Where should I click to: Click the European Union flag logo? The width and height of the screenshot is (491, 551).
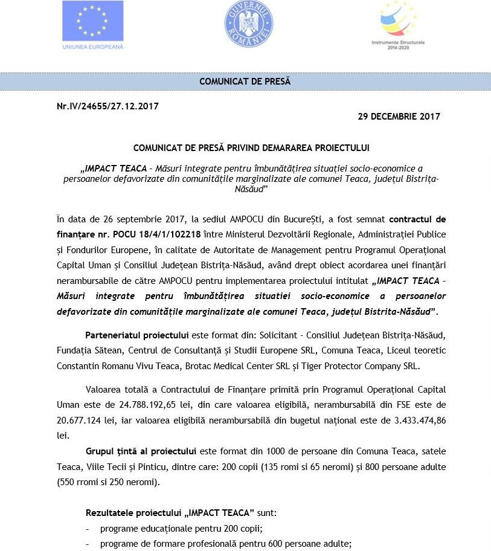pos(93,21)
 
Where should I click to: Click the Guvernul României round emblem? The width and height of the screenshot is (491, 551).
pos(249,24)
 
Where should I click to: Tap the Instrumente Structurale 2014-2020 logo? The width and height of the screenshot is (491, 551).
pos(398,25)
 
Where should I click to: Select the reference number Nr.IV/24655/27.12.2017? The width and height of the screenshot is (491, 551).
pos(108,106)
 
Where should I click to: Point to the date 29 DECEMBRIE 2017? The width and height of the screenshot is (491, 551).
pos(399,117)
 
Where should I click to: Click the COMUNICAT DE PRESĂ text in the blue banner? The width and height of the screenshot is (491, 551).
pos(245,82)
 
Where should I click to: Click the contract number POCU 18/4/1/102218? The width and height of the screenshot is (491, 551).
pos(156,234)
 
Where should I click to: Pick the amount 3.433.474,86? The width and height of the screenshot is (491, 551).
pos(415,420)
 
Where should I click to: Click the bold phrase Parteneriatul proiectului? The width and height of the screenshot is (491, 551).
pos(137,335)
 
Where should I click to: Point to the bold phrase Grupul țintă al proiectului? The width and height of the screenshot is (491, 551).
pos(141,451)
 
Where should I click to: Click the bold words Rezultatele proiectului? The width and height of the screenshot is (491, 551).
pos(133,513)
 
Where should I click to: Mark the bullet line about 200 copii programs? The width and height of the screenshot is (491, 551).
pos(181,529)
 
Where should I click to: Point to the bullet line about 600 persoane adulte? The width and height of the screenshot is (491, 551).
pos(225,544)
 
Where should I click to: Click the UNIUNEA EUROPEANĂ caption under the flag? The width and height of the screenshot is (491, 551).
pos(93,47)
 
